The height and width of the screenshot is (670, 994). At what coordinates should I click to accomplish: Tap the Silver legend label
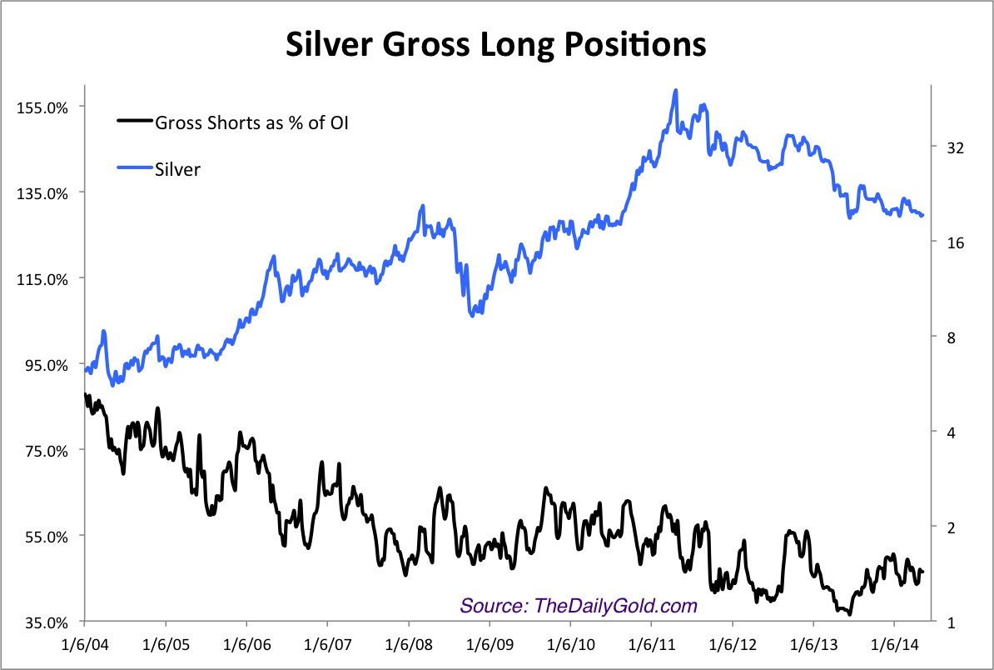(177, 169)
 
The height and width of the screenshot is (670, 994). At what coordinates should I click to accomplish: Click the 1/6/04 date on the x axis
(85, 645)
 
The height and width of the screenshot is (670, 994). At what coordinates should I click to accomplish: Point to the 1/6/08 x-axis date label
(408, 645)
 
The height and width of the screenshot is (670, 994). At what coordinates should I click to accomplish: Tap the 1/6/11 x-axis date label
(651, 645)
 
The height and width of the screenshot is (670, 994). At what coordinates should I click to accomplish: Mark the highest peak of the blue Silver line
(675, 90)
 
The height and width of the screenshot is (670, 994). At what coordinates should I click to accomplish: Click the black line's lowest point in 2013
(848, 614)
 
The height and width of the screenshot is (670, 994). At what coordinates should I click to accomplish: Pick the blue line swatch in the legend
(135, 167)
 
